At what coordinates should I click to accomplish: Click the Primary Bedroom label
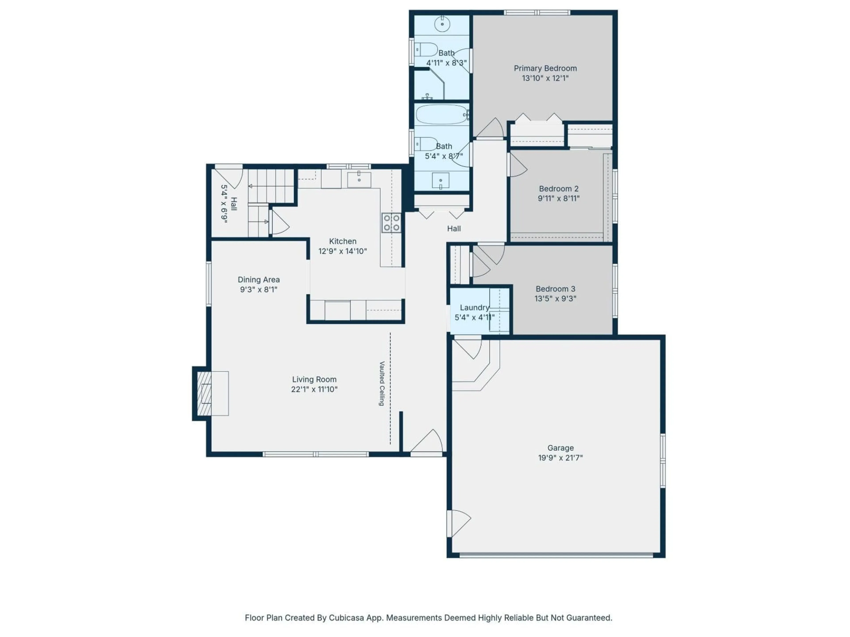pyautogui.click(x=545, y=68)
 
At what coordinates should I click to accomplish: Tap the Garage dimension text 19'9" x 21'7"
pyautogui.click(x=560, y=458)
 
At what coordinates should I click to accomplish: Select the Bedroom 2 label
pyautogui.click(x=558, y=188)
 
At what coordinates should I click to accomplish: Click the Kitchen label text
pyautogui.click(x=342, y=241)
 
